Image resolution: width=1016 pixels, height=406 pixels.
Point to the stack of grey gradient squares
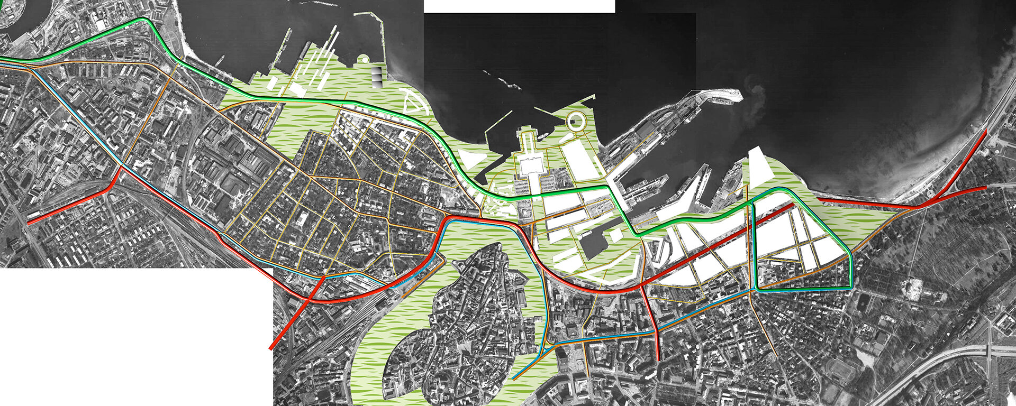[x=377, y=77]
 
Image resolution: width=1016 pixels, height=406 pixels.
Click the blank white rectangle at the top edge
[x=519, y=6]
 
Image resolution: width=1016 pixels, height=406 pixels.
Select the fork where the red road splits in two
[x=927, y=203]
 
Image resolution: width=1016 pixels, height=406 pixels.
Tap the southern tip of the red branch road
[x=657, y=359]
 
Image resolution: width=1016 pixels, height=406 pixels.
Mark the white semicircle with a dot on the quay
[x=364, y=59]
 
